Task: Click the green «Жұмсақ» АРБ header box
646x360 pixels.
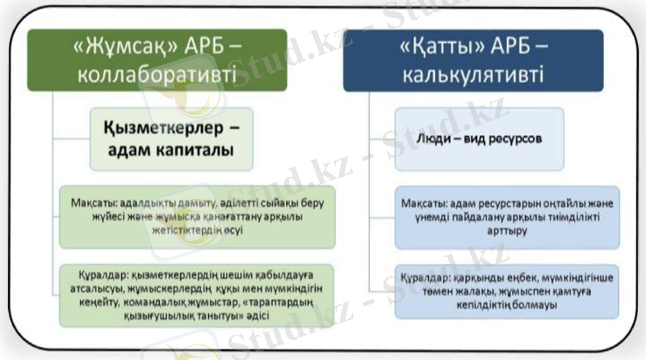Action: coord(157,60)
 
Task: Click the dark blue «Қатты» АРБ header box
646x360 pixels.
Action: coord(473,60)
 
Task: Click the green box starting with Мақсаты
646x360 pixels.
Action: coord(197,216)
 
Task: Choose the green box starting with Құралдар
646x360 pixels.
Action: coord(197,293)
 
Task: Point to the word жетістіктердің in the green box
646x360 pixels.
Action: coord(187,230)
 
